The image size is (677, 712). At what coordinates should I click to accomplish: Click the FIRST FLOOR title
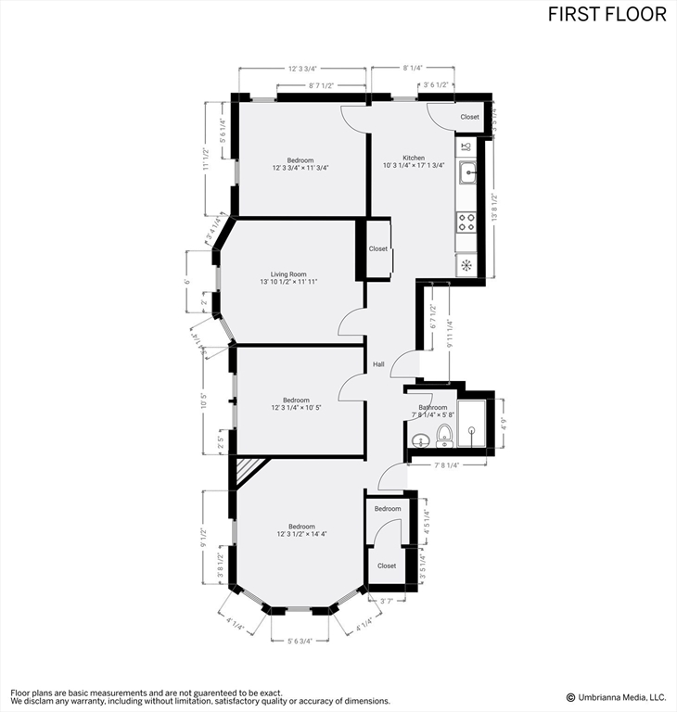[x=607, y=14]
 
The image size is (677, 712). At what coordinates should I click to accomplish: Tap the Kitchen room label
[x=414, y=158]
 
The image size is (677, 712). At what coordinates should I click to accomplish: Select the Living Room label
[x=288, y=274]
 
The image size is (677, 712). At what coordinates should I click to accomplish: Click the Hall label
[x=378, y=364]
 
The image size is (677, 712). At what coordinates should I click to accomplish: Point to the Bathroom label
[x=432, y=407]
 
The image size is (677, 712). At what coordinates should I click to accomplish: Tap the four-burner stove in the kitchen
[x=466, y=222]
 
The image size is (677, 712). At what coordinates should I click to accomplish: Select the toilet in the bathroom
[x=445, y=434]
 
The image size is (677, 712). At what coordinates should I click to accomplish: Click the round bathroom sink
[x=420, y=439]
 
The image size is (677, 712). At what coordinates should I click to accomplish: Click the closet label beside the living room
[x=378, y=248]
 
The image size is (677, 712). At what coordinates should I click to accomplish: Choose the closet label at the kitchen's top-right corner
[x=470, y=117]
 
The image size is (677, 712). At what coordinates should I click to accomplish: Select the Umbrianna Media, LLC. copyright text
[x=616, y=697]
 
